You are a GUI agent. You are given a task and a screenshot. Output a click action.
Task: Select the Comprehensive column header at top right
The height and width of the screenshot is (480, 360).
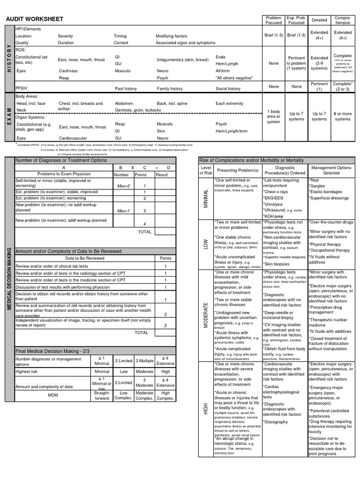(343, 20)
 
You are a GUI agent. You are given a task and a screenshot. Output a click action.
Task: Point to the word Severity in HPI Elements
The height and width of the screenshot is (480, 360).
(66, 36)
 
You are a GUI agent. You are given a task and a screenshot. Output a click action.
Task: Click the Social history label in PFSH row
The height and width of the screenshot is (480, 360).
(228, 89)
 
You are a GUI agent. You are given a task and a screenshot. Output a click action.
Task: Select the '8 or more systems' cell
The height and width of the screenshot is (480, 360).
(343, 116)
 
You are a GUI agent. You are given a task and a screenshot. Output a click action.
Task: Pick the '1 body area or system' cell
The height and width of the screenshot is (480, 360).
(273, 116)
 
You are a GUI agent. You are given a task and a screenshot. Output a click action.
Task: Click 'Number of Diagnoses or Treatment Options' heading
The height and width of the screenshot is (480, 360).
(61, 160)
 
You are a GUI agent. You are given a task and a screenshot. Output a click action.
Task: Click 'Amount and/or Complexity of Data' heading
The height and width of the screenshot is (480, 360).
(68, 251)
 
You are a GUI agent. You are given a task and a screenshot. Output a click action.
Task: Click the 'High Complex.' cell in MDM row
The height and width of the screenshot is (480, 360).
(166, 395)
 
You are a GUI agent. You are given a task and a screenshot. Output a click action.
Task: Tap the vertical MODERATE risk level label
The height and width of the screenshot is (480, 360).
(205, 315)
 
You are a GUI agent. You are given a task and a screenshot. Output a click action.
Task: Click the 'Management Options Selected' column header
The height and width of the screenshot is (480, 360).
(331, 170)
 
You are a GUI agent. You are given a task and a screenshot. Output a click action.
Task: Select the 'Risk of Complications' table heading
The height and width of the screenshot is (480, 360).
(251, 160)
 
